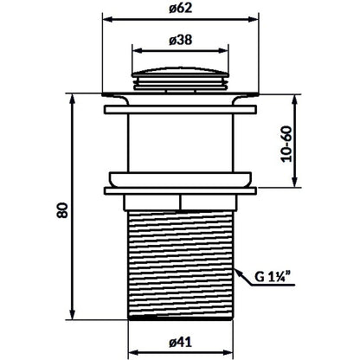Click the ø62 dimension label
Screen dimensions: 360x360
(180, 9)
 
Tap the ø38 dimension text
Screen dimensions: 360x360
(180, 40)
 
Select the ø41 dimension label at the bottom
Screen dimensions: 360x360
(180, 343)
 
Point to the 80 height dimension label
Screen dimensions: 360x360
(62, 210)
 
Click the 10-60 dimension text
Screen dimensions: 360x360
(286, 145)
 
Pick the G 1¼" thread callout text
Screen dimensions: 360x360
(273, 277)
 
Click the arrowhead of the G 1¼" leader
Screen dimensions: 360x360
(237, 272)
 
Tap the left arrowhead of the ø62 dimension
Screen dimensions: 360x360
(107, 19)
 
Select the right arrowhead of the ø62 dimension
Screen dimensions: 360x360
(254, 19)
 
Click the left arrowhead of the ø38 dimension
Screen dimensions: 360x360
(137, 50)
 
